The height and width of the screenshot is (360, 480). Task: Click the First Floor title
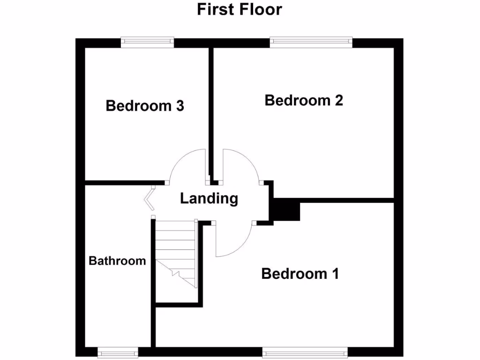(x=240, y=9)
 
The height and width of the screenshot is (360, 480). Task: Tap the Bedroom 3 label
(x=145, y=106)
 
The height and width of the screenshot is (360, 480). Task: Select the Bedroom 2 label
(x=304, y=100)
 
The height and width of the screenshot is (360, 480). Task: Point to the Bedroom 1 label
(x=300, y=274)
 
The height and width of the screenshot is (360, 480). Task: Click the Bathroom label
(x=117, y=261)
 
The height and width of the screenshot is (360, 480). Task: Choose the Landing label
(x=209, y=199)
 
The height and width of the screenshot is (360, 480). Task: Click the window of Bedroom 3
(x=147, y=42)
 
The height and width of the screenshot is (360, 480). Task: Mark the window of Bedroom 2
(x=311, y=42)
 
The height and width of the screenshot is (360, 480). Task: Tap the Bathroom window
(x=118, y=352)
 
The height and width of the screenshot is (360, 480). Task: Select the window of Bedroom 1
(x=305, y=352)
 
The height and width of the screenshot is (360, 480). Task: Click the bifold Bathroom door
(x=150, y=198)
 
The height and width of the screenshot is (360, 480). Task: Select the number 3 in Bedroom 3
(x=180, y=106)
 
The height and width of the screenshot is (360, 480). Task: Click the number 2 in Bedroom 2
(x=339, y=100)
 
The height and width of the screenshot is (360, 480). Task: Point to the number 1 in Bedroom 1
(x=334, y=274)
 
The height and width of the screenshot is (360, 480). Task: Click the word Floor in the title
(x=261, y=9)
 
